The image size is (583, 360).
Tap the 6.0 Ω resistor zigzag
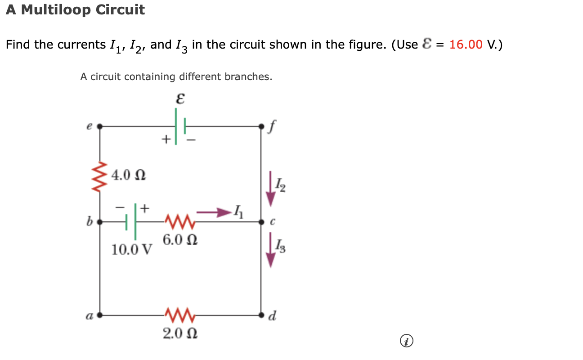tap(179, 221)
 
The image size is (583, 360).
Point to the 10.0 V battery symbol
tap(131, 221)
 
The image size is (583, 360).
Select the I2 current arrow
tap(270, 188)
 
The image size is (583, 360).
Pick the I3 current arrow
tap(270, 250)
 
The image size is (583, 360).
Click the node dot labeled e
tap(99, 127)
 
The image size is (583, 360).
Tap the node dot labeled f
tap(261, 127)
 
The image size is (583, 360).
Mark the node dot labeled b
tap(100, 221)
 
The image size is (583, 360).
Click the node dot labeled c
tap(261, 221)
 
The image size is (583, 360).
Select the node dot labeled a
tap(100, 315)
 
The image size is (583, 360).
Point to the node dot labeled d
tap(261, 315)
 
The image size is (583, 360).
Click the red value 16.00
tap(466, 45)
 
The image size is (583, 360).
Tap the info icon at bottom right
tap(406, 342)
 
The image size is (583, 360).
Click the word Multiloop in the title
tap(54, 9)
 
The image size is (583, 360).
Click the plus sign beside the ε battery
tap(166, 140)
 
